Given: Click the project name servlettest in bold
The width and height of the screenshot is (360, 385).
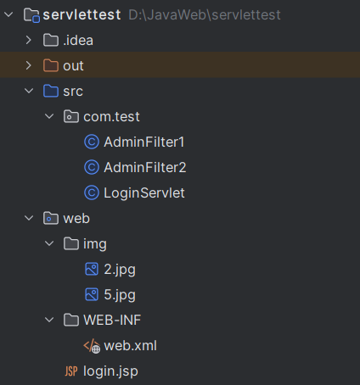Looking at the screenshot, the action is click(x=82, y=14).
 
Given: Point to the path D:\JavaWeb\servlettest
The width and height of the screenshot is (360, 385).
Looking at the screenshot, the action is click(x=205, y=14).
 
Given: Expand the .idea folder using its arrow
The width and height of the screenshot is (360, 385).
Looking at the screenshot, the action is click(x=28, y=40).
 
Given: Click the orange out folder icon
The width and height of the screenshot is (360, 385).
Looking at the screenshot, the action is click(x=51, y=65).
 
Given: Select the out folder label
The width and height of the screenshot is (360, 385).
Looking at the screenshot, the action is click(x=73, y=66).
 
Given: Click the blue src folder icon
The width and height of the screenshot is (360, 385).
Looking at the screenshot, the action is click(x=51, y=91).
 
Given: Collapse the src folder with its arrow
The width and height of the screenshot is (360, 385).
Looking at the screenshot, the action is click(x=29, y=91).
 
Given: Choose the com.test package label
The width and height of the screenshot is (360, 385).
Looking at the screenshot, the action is click(x=111, y=117).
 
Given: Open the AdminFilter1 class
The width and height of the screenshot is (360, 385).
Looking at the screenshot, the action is click(x=143, y=142).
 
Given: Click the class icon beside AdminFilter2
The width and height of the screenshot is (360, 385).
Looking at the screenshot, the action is click(x=92, y=167).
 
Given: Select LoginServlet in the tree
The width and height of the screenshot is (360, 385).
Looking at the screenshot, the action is click(x=144, y=193).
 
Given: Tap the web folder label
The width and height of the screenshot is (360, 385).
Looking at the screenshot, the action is click(x=76, y=219).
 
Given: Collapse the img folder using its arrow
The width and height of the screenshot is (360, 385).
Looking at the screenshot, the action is click(x=49, y=243).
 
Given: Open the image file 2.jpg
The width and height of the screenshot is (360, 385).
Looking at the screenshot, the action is click(x=120, y=270).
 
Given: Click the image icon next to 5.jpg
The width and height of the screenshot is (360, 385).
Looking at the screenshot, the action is click(x=92, y=294).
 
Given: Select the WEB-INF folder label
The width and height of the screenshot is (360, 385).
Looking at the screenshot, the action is click(x=112, y=321).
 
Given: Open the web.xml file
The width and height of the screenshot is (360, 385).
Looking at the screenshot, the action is click(x=130, y=346).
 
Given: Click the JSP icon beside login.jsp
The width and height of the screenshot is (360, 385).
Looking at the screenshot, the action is click(x=71, y=371).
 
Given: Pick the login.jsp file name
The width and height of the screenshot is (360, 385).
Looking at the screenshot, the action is click(x=110, y=371).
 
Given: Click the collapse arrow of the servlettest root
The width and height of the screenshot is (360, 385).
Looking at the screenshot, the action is click(x=8, y=14).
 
